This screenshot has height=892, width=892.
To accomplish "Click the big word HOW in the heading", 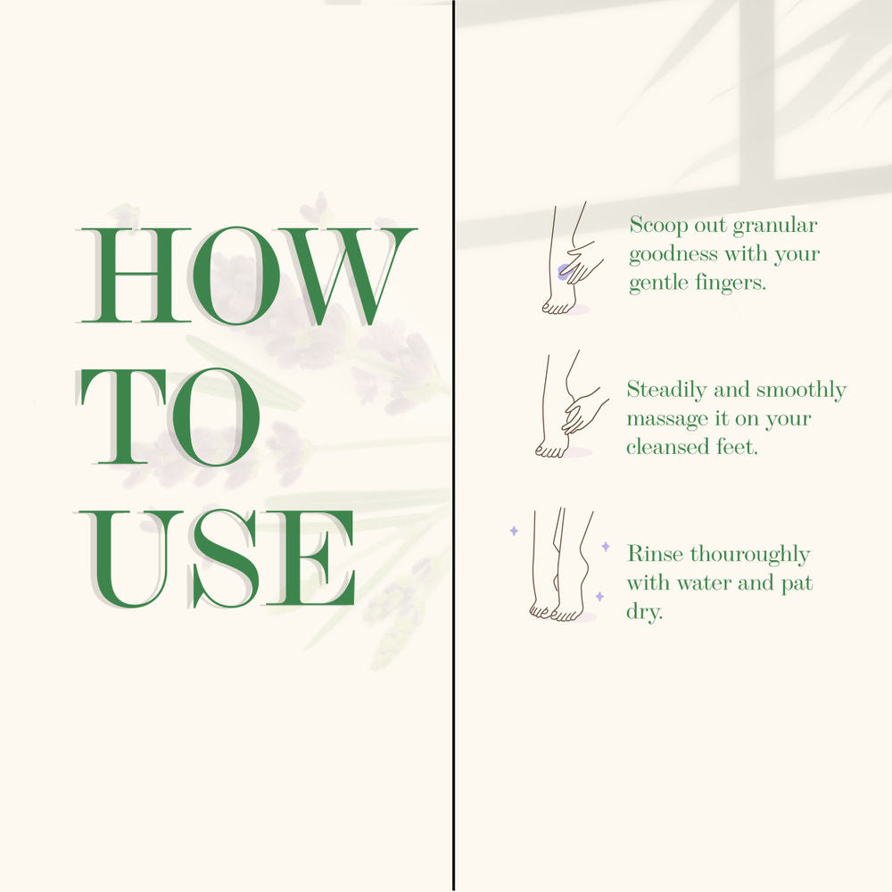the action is [x=247, y=276].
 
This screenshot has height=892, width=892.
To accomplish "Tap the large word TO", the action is [x=169, y=417].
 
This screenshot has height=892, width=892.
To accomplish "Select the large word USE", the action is [x=216, y=558].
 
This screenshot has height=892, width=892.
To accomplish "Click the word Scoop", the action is [x=658, y=226].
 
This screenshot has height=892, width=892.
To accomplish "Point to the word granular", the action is [x=775, y=227].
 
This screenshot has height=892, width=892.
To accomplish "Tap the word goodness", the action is [x=673, y=254].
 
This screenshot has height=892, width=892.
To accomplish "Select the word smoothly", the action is [x=801, y=391].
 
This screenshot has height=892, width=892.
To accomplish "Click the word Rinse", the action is [x=655, y=554].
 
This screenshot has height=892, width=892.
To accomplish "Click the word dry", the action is [x=645, y=613].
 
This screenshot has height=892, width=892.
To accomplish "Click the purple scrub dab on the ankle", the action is [x=564, y=272].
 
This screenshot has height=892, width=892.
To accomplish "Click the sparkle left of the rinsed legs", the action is [x=514, y=531].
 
